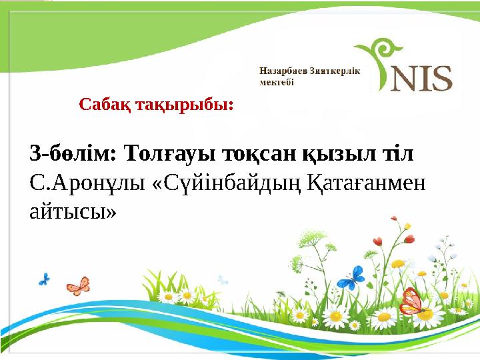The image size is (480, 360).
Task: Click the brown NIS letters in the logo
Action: (x=421, y=79)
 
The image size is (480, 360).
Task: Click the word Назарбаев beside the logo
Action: (x=283, y=71)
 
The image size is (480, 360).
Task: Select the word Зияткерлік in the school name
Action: (x=335, y=71)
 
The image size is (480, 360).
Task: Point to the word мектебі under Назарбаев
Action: (x=277, y=82)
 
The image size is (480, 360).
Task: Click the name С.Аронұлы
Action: (x=87, y=184)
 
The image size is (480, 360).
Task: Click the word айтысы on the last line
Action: (x=73, y=212)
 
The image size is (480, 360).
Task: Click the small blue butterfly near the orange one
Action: (x=44, y=279)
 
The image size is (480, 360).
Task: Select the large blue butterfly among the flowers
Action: (x=351, y=278)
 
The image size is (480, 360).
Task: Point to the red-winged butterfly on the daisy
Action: (x=412, y=303)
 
